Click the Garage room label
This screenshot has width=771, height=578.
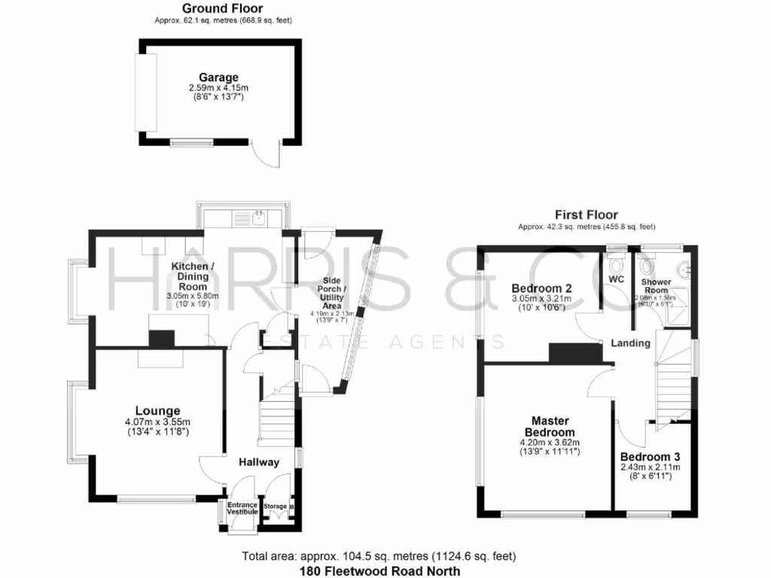tap(218, 78)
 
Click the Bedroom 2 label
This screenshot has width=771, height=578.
tap(542, 288)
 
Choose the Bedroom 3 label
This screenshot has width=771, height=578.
tap(650, 457)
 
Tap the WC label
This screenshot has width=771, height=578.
tap(617, 279)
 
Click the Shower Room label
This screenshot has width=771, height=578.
tap(656, 286)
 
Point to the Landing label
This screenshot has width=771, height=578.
tap(630, 343)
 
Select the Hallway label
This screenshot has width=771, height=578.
tap(259, 462)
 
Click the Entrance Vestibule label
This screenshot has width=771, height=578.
tap(242, 508)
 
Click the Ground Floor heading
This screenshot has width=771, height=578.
tap(222, 8)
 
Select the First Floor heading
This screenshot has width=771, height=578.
tap(587, 214)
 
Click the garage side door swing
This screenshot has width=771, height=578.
tap(267, 156)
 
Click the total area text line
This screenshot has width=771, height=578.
tap(379, 557)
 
